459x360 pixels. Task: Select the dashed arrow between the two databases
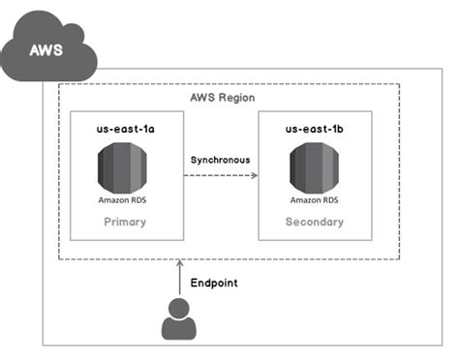pos(220,175)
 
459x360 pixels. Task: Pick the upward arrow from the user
pos(179,279)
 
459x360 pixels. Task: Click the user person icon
pos(179,319)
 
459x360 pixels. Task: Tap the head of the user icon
pos(179,309)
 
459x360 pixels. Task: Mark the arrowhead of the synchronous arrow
pos(254,175)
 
